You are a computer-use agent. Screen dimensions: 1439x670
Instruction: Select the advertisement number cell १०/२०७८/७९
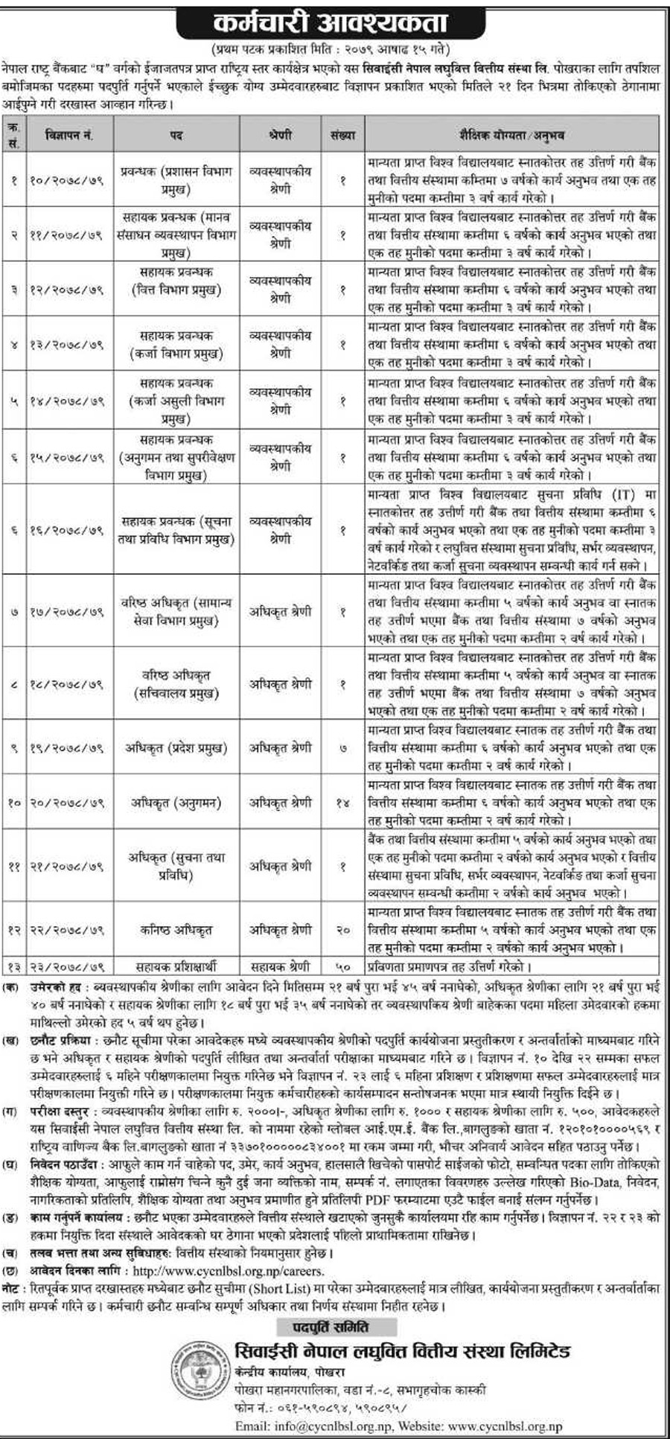pyautogui.click(x=68, y=180)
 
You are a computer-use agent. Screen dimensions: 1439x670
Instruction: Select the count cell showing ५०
pyautogui.click(x=342, y=966)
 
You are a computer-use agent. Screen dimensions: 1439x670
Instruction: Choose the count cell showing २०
pyautogui.click(x=342, y=930)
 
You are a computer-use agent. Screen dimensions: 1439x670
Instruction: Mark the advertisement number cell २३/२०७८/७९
pyautogui.click(x=68, y=966)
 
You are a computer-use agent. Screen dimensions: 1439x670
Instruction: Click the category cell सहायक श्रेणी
pyautogui.click(x=280, y=966)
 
